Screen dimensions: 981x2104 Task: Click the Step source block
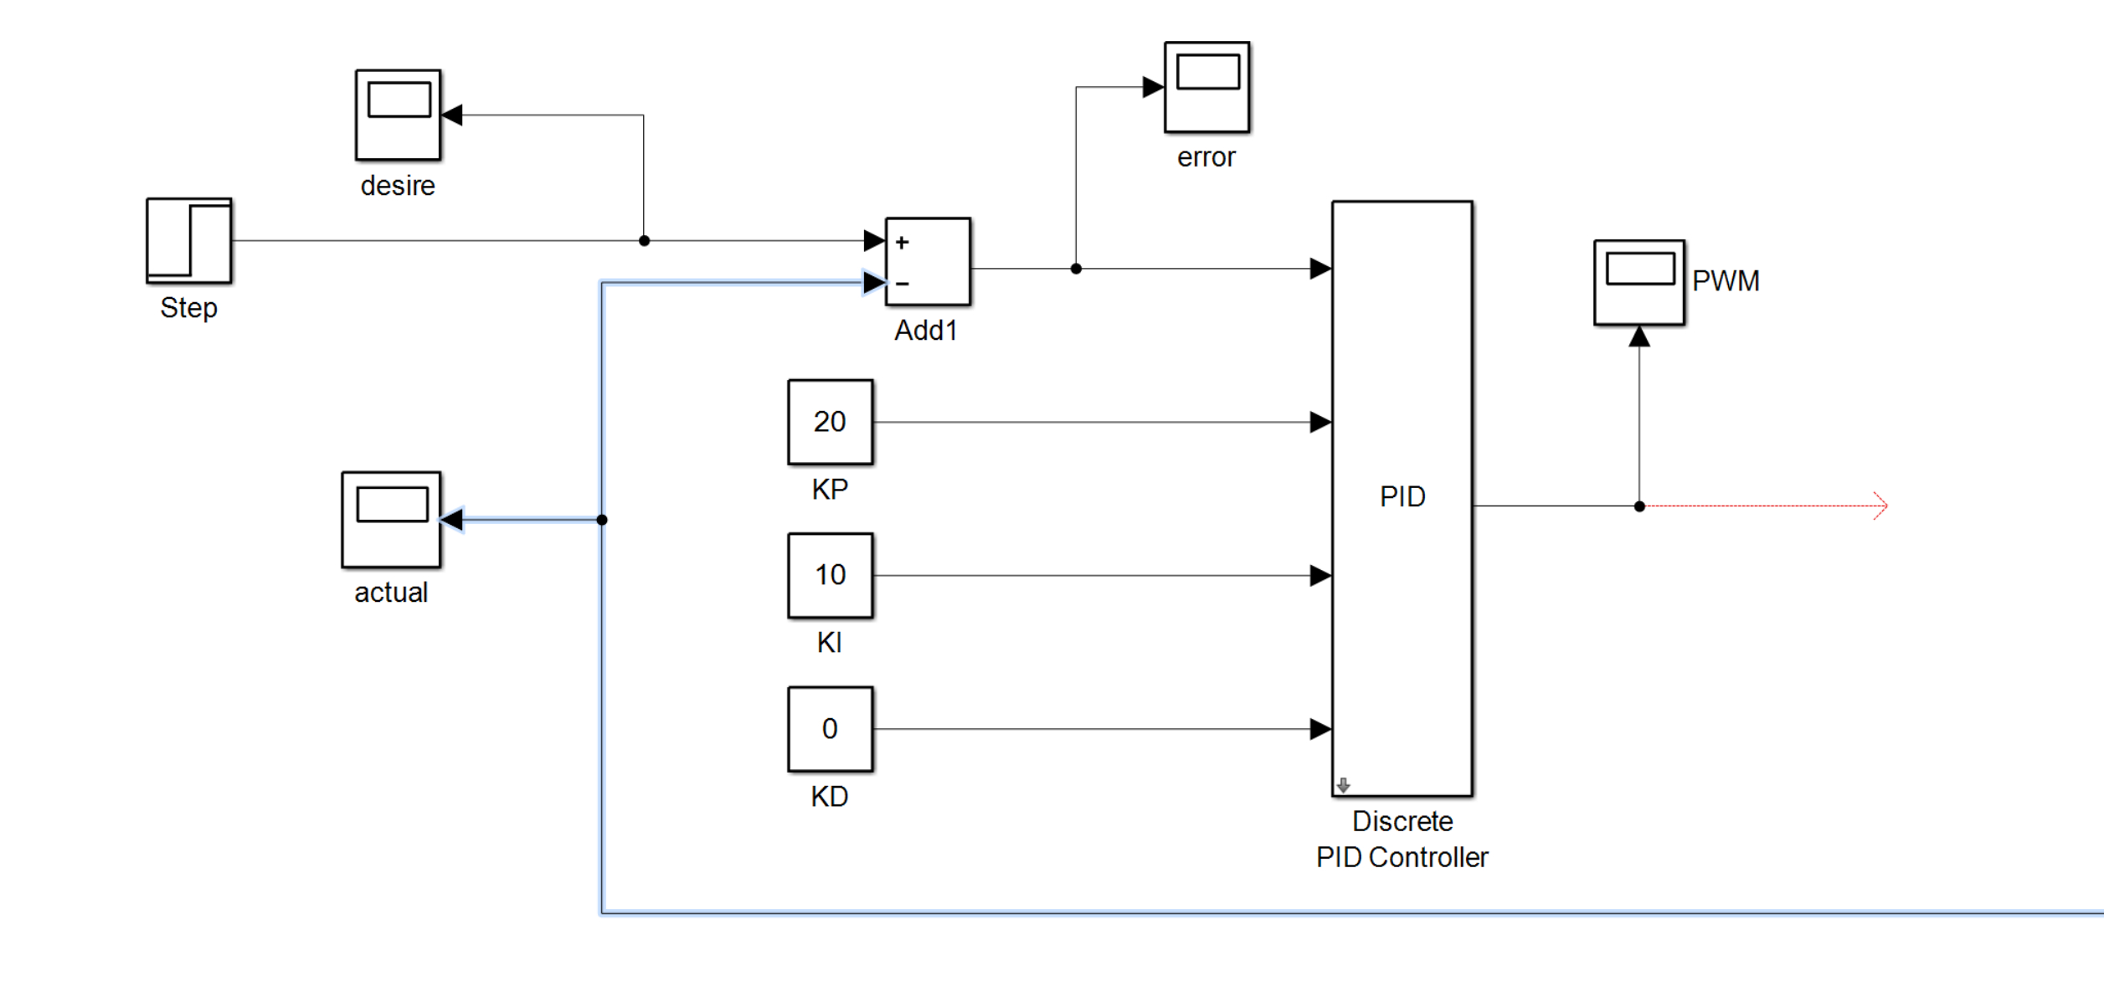point(189,241)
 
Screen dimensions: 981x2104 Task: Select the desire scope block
point(398,115)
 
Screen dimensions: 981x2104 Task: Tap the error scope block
point(1206,87)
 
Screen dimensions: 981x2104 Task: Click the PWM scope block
point(1638,282)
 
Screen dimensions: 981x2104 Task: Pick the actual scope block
point(391,520)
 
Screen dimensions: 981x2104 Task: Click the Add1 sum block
point(928,262)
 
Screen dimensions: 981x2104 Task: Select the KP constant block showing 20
point(830,422)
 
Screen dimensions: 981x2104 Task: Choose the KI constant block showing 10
point(830,576)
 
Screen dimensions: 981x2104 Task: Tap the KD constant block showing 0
point(830,729)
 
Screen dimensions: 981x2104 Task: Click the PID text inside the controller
point(1402,497)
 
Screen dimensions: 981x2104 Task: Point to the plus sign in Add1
point(902,243)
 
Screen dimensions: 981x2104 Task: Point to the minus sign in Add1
point(902,285)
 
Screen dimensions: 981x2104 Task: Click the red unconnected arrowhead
point(1880,506)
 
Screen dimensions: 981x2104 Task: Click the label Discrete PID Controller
point(1402,840)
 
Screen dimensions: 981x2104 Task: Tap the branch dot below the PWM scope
point(1639,506)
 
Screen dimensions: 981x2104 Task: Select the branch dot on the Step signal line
point(644,241)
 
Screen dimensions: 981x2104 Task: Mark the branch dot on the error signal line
point(1076,269)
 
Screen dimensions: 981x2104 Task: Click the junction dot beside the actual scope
point(602,520)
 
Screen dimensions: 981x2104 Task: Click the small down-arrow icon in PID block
point(1343,785)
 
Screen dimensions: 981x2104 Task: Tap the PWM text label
point(1726,281)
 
